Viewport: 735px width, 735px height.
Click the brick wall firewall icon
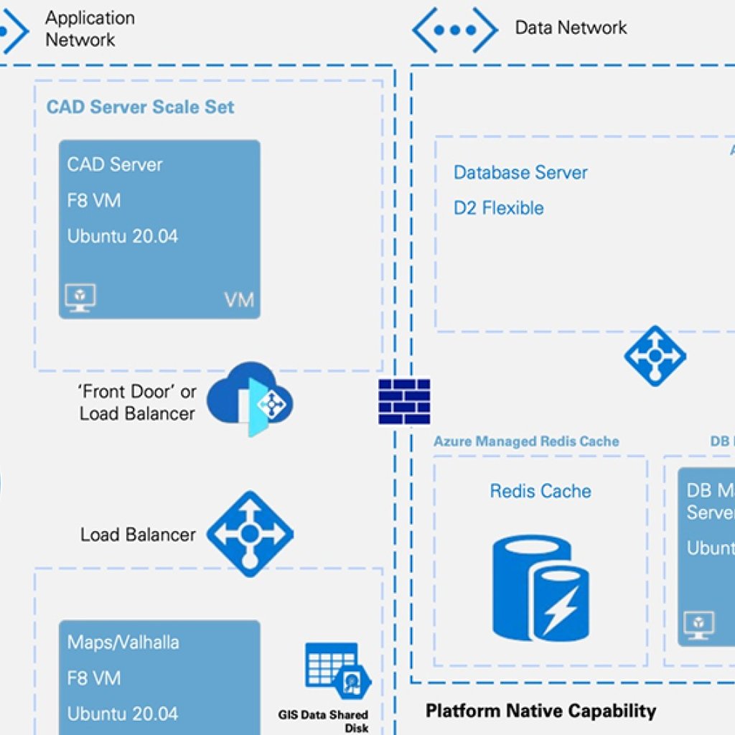click(404, 402)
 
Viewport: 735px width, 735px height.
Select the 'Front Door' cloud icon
click(250, 399)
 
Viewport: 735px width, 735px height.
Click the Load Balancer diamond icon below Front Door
click(250, 533)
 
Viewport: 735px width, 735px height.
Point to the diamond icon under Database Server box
click(655, 356)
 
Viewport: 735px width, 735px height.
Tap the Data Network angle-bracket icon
click(454, 29)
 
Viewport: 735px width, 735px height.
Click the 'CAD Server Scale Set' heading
click(141, 107)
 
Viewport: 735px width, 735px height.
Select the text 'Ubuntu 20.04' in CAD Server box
click(123, 236)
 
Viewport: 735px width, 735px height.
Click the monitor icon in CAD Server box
click(80, 297)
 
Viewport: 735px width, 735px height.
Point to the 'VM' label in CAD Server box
click(239, 299)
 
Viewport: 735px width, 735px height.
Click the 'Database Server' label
click(520, 172)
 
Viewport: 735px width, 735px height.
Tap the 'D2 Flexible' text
click(499, 208)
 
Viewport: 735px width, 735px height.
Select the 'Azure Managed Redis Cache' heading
click(526, 441)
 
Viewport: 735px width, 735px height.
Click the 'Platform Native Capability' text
click(540, 711)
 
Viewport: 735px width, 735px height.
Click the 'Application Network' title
click(90, 29)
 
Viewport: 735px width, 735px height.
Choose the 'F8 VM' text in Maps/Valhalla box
click(94, 678)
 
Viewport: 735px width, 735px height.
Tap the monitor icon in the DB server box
click(698, 625)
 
